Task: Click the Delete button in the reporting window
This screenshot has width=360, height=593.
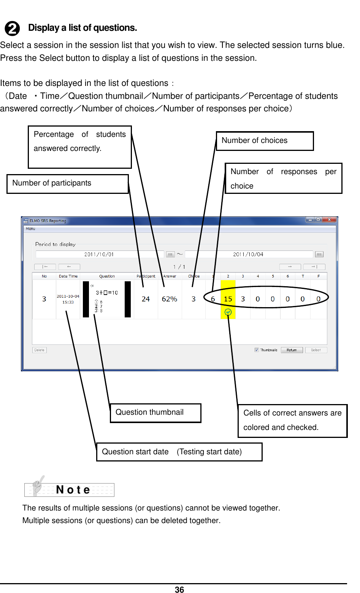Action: (x=40, y=350)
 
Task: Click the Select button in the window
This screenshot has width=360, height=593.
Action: (x=316, y=350)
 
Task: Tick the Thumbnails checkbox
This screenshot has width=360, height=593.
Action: (x=257, y=350)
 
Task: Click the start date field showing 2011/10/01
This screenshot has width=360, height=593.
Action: (x=100, y=254)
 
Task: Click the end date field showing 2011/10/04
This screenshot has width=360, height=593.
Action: (x=248, y=254)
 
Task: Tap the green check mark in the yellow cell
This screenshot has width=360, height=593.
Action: (x=228, y=312)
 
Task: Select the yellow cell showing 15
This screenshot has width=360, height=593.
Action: (x=228, y=299)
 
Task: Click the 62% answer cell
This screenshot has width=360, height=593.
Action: (x=170, y=299)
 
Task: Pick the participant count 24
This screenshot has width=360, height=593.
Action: (x=146, y=299)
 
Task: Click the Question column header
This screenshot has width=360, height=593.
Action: (x=107, y=276)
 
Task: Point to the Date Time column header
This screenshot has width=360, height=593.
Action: (x=68, y=276)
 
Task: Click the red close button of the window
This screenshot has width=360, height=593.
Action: (x=330, y=220)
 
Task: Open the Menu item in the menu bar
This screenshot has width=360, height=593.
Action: (x=31, y=229)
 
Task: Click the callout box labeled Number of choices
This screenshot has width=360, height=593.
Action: (x=265, y=141)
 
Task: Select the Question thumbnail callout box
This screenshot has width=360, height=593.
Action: (x=155, y=413)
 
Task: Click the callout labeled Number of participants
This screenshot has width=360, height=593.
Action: (x=67, y=184)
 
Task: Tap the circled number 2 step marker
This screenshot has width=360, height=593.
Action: (x=12, y=29)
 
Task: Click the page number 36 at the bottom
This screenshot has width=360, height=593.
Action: (x=179, y=589)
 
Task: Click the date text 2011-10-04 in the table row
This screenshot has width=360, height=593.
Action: (x=68, y=296)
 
